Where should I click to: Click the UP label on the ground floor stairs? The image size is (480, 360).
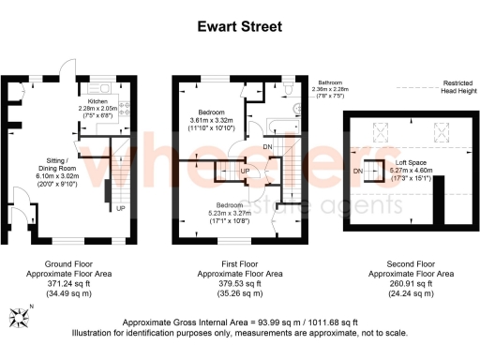coord(121,208)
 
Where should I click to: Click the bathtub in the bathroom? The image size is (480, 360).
coord(279,125)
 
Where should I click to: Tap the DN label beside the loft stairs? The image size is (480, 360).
coord(358,172)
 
